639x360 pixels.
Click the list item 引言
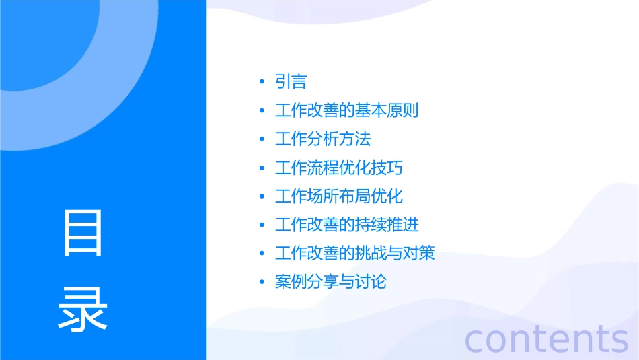pyautogui.click(x=291, y=82)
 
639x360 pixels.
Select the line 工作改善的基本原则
pyautogui.click(x=346, y=110)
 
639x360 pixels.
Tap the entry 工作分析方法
pyautogui.click(x=323, y=139)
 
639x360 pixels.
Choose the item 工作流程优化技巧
pyautogui.click(x=339, y=168)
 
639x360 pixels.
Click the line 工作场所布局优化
pyautogui.click(x=339, y=196)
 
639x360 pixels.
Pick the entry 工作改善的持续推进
pyautogui.click(x=347, y=225)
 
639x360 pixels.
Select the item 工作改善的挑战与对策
pyautogui.click(x=354, y=254)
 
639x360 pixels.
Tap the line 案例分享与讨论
pyautogui.click(x=331, y=282)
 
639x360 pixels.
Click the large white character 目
pyautogui.click(x=83, y=233)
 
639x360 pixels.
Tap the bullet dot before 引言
pyautogui.click(x=262, y=83)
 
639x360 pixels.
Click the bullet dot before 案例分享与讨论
pyautogui.click(x=262, y=283)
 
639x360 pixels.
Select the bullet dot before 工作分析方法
pyautogui.click(x=262, y=140)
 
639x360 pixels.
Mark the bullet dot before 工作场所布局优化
pyautogui.click(x=262, y=197)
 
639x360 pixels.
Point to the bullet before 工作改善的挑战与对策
pyautogui.click(x=262, y=254)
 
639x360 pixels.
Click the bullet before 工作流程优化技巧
pyautogui.click(x=262, y=168)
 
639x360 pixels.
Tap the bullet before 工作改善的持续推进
pyautogui.click(x=262, y=225)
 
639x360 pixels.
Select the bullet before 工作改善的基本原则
pyautogui.click(x=262, y=111)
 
